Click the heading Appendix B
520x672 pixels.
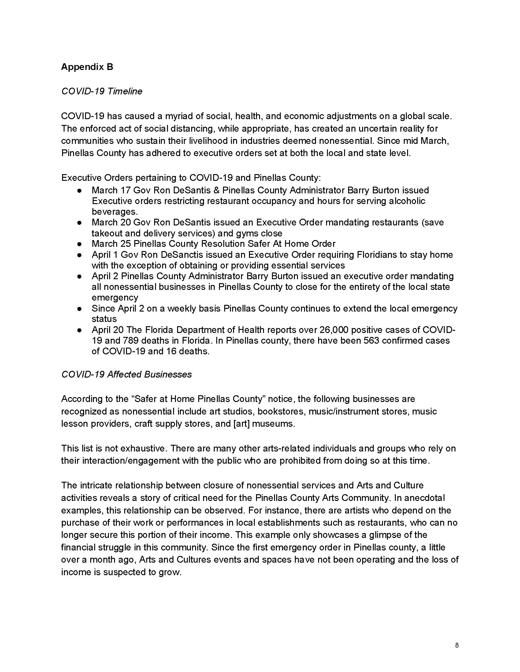87,67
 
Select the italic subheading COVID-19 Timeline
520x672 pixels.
102,91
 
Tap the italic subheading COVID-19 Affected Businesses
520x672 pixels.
126,374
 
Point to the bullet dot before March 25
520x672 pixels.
80,244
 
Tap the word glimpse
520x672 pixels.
383,535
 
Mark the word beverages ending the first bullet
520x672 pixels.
114,212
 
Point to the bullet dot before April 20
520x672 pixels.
80,330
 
